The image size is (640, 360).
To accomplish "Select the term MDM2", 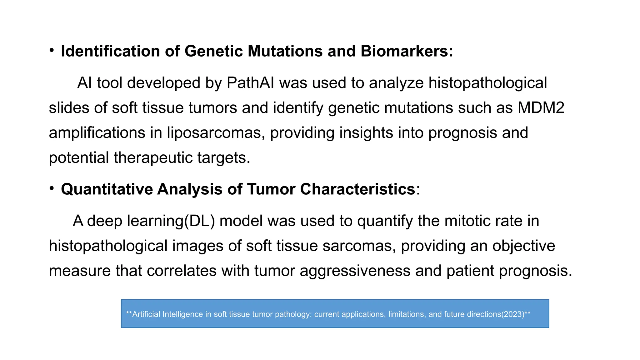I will coord(541,108).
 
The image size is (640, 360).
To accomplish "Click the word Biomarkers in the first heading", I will coord(407,51).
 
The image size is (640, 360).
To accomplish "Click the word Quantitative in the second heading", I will coord(107,189).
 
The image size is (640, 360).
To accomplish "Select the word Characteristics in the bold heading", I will coord(357,189).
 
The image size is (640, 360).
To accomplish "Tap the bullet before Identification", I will coord(52,50).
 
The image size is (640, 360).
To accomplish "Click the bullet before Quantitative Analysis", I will coord(52,188).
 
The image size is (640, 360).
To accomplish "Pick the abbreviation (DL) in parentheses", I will coord(199,221).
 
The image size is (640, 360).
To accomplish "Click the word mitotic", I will coord(467,221).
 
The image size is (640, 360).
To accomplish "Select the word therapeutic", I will coord(153,158).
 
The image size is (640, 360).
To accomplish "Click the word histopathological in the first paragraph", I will coord(487,83).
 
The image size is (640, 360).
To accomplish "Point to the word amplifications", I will coord(97,133).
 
